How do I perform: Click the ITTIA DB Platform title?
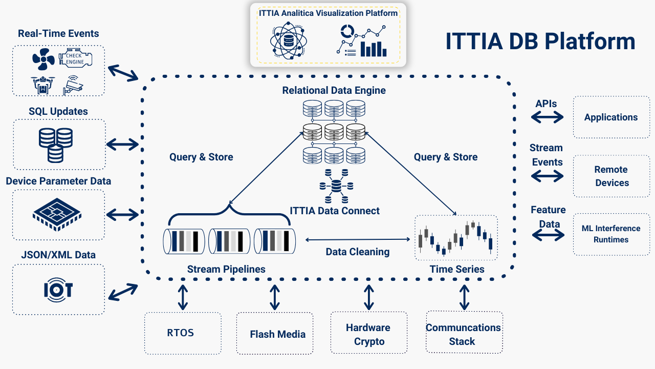540,41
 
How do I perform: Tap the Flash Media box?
275,334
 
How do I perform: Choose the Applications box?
611,117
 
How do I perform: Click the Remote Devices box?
611,176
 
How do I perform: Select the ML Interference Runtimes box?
611,234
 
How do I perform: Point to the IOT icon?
58,290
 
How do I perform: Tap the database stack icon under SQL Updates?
56,144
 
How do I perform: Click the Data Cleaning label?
357,252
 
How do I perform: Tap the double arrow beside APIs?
547,117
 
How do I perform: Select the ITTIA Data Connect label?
335,211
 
